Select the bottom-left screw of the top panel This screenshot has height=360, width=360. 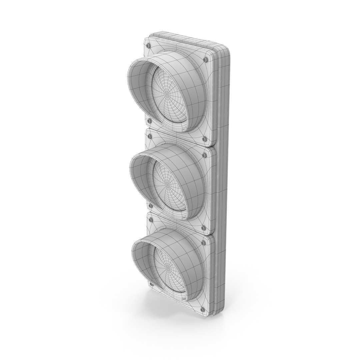(149, 121)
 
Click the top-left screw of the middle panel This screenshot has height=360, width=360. (149, 136)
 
